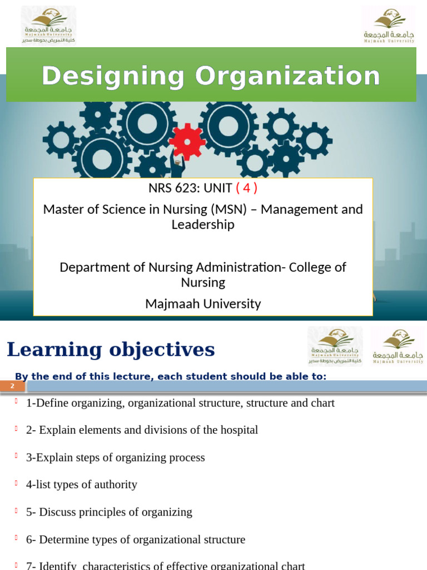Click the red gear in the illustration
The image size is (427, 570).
pyautogui.click(x=187, y=141)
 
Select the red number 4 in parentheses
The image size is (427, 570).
pyautogui.click(x=246, y=188)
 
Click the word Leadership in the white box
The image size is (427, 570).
pyautogui.click(x=203, y=224)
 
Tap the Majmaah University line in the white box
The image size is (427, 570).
pyautogui.click(x=203, y=303)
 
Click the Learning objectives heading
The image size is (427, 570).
pyautogui.click(x=111, y=350)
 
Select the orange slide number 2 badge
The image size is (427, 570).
pyautogui.click(x=12, y=386)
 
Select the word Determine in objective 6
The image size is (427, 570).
pyautogui.click(x=65, y=539)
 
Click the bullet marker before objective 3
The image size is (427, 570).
pyautogui.click(x=17, y=456)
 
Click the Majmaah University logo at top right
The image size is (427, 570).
pyautogui.click(x=389, y=25)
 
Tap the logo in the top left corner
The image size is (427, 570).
pyautogui.click(x=48, y=25)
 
